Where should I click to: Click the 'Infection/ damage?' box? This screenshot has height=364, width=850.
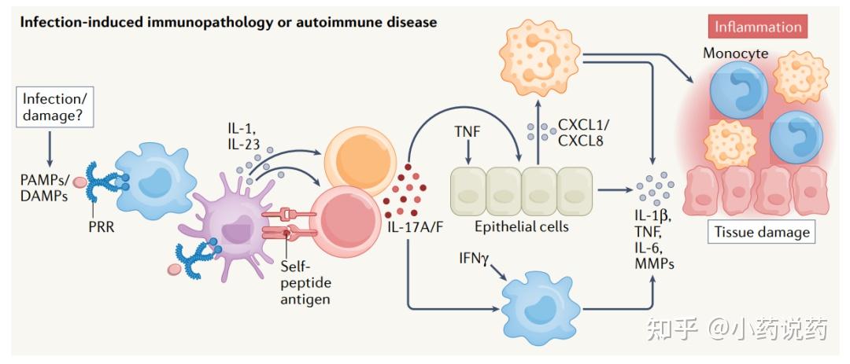click(x=52, y=108)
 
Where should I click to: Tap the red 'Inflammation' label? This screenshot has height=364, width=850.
click(x=757, y=26)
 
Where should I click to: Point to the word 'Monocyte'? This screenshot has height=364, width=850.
click(x=737, y=54)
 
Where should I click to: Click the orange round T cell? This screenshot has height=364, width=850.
click(x=352, y=149)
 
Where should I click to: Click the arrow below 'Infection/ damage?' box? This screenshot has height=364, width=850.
click(x=52, y=147)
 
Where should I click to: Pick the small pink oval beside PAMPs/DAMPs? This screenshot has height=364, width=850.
click(x=81, y=182)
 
